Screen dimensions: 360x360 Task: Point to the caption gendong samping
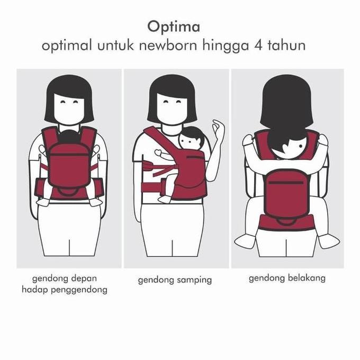coord(174,280)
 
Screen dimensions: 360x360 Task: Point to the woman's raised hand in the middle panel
coord(218,129)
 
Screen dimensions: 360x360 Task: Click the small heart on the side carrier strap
coord(158,153)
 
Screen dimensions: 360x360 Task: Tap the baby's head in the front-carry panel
coord(69,136)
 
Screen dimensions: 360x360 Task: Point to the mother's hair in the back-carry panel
coord(286,101)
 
